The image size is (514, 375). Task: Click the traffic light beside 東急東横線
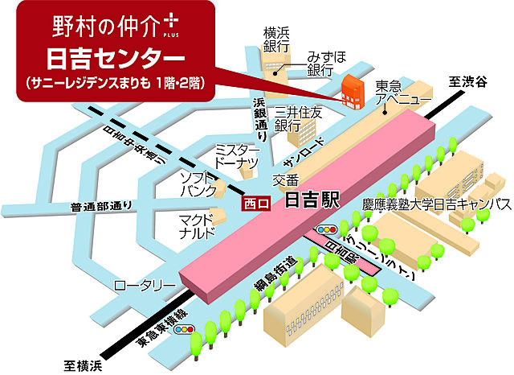tap(186, 329)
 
